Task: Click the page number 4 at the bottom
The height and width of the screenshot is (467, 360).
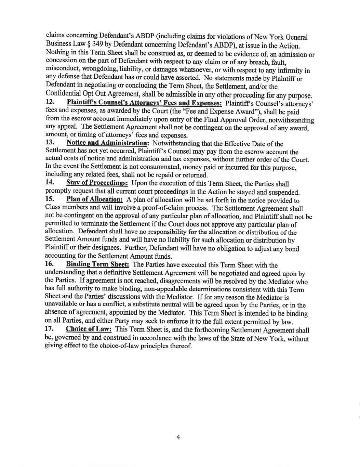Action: (x=178, y=437)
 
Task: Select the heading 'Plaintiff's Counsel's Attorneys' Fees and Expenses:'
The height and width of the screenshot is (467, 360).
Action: (x=144, y=103)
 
